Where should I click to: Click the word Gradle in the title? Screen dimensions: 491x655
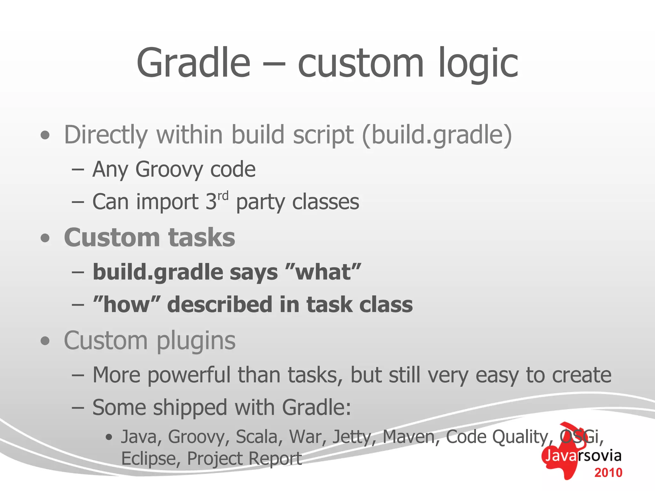(193, 63)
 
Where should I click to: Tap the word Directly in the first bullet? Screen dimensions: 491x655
(106, 135)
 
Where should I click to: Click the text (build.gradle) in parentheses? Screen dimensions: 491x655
(437, 135)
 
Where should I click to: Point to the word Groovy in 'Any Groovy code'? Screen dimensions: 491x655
(169, 169)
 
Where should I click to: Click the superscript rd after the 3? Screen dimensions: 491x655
(223, 195)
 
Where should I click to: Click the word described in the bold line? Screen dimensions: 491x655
(219, 304)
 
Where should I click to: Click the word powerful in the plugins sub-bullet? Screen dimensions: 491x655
(188, 375)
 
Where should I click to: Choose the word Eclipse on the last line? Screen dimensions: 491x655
(148, 459)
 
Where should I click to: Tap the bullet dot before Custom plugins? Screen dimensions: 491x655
(45, 341)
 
